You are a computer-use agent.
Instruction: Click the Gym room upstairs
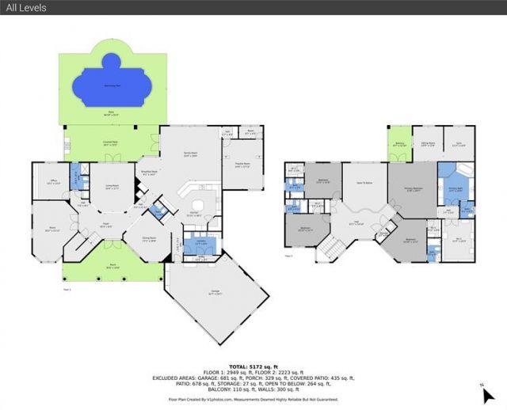pyautogui.click(x=459, y=144)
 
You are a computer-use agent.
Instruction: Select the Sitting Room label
pyautogui.click(x=427, y=144)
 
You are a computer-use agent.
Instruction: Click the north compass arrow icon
pyautogui.click(x=488, y=391)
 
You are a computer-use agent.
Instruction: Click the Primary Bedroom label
pyautogui.click(x=413, y=190)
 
